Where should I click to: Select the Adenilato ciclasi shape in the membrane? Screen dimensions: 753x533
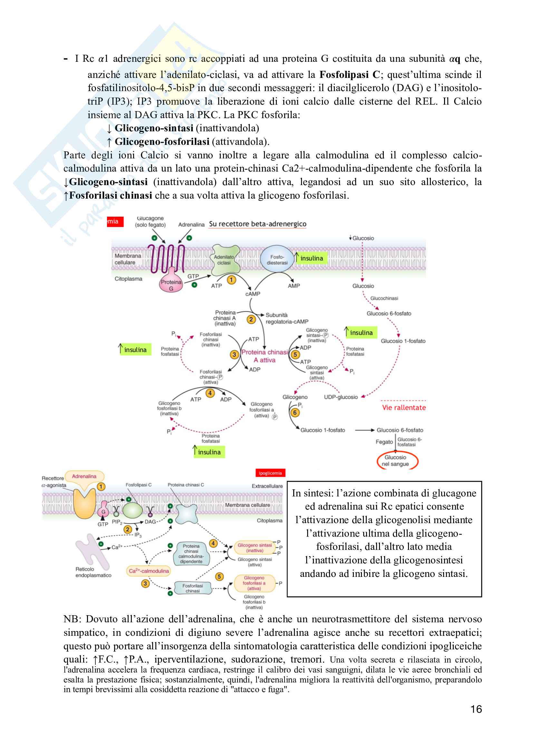[x=225, y=260]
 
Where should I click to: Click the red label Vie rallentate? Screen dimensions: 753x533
[x=404, y=408]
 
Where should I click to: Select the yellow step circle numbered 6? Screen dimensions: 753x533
[x=295, y=412]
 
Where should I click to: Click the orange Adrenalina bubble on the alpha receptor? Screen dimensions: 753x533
[x=84, y=476]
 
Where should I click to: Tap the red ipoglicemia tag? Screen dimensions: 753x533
[x=270, y=473]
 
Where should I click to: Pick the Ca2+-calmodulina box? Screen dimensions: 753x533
[x=149, y=571]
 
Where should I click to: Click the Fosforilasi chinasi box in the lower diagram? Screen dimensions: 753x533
[x=192, y=588]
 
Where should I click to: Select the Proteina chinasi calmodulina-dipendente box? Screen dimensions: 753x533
[x=191, y=554]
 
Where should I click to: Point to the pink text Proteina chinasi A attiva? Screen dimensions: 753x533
[x=265, y=356]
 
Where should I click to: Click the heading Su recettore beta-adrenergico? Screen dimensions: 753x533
[x=258, y=224]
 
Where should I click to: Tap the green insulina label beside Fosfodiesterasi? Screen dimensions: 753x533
[x=312, y=258]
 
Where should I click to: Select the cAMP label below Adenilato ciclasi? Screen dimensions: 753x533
[x=253, y=294]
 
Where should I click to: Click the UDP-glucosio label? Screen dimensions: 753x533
[x=341, y=397]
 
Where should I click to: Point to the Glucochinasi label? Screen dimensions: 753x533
[x=384, y=298]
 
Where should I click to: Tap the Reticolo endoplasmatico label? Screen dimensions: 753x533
[x=93, y=572]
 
